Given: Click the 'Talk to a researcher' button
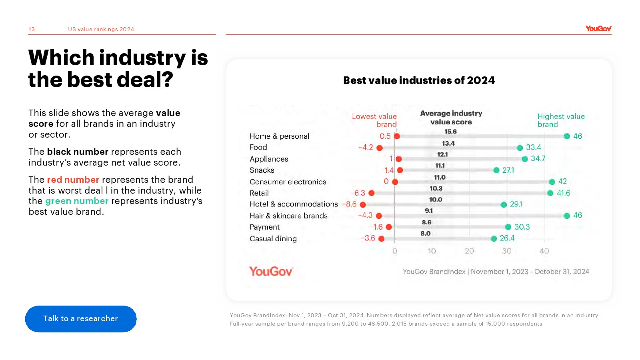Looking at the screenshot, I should pyautogui.click(x=81, y=319).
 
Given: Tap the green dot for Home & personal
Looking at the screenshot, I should pyautogui.click(x=567, y=136).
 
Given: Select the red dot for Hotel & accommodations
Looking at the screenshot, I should pyautogui.click(x=363, y=204).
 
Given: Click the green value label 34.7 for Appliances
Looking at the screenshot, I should pyautogui.click(x=538, y=158).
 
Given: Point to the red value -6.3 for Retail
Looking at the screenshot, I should pyautogui.click(x=358, y=193).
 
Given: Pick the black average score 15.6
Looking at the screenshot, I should pyautogui.click(x=450, y=132).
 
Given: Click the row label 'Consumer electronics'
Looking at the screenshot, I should pyautogui.click(x=288, y=182).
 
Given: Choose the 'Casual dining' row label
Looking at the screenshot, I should pyautogui.click(x=273, y=238).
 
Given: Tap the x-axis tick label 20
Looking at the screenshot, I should pyautogui.click(x=469, y=251).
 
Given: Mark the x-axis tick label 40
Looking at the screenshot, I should pyautogui.click(x=544, y=251).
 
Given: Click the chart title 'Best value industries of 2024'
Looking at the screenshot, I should pyautogui.click(x=419, y=80).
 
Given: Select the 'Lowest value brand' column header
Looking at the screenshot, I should pyautogui.click(x=374, y=120).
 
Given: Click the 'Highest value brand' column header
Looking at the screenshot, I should pyautogui.click(x=561, y=120).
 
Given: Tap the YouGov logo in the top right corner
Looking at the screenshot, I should pyautogui.click(x=598, y=28).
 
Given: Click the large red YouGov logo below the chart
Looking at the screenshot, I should pyautogui.click(x=271, y=271).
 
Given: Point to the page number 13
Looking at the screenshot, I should pyautogui.click(x=32, y=29).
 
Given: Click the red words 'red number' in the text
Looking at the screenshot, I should pyautogui.click(x=73, y=180).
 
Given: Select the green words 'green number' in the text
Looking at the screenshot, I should pyautogui.click(x=77, y=201).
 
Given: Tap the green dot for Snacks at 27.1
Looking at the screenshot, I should pyautogui.click(x=496, y=170).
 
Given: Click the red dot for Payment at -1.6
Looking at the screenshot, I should pyautogui.click(x=389, y=227).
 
